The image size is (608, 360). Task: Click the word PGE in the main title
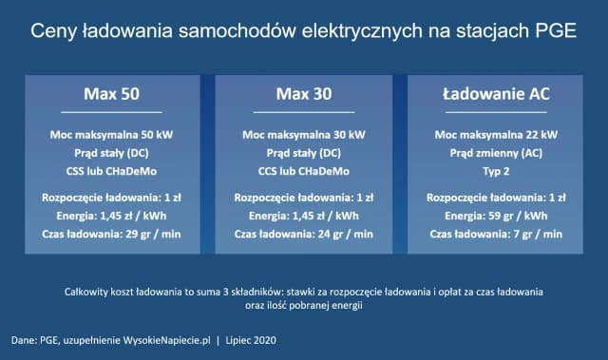(556, 31)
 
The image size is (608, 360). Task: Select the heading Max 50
(112, 94)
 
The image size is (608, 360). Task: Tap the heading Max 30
(304, 94)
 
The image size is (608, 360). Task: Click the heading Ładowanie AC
(496, 94)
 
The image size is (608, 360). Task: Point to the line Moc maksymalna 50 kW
(112, 135)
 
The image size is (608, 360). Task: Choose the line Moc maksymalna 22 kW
(496, 135)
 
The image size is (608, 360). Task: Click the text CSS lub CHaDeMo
(112, 171)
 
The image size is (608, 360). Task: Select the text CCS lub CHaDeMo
(304, 171)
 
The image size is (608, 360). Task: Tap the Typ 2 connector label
(496, 171)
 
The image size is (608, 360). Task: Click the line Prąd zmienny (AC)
(496, 153)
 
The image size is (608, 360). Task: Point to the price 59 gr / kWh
(518, 216)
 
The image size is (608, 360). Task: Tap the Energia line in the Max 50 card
(112, 216)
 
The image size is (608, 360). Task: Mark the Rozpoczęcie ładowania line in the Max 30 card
(304, 198)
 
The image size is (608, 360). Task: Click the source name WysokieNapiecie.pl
(167, 340)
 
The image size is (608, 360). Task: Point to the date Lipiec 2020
(251, 340)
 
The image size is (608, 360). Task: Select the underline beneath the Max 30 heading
(304, 112)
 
